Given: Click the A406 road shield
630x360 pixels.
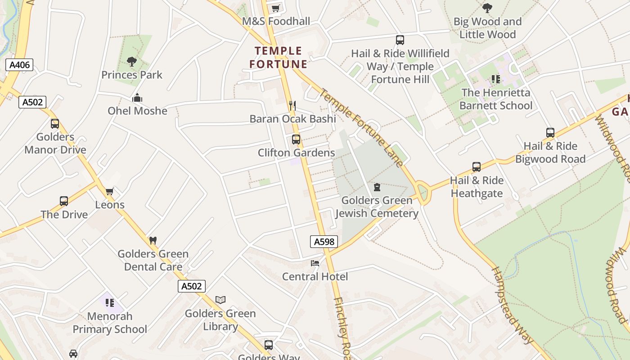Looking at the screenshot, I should (x=20, y=65).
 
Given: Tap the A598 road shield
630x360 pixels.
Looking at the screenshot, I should (x=324, y=242).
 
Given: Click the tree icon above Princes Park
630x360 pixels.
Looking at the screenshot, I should (x=131, y=62).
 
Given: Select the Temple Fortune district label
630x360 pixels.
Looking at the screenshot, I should (x=279, y=58).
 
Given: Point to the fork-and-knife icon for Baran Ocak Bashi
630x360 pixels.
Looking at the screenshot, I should (x=292, y=106).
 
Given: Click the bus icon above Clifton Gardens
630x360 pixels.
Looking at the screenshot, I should (x=296, y=139).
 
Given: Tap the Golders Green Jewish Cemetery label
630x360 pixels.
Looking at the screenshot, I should (x=377, y=207).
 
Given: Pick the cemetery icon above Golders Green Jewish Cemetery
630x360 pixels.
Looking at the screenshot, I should (x=377, y=187).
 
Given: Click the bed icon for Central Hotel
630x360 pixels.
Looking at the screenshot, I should (x=315, y=263).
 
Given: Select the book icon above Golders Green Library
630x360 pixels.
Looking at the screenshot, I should (x=220, y=300).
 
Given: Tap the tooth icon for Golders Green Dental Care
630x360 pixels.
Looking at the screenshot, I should (x=153, y=240).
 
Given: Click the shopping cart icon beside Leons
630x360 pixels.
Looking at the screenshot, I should (x=109, y=192).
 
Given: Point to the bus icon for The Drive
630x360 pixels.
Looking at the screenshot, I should (x=64, y=201).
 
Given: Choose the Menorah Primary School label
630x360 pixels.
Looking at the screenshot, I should (x=110, y=323).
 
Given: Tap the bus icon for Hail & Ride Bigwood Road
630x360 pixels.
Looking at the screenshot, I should (x=550, y=132).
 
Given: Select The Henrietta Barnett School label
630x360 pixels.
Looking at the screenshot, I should (x=496, y=99).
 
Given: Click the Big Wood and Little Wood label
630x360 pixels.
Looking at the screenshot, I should (x=487, y=28).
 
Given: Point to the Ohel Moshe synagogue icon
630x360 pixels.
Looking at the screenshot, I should (x=137, y=98).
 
